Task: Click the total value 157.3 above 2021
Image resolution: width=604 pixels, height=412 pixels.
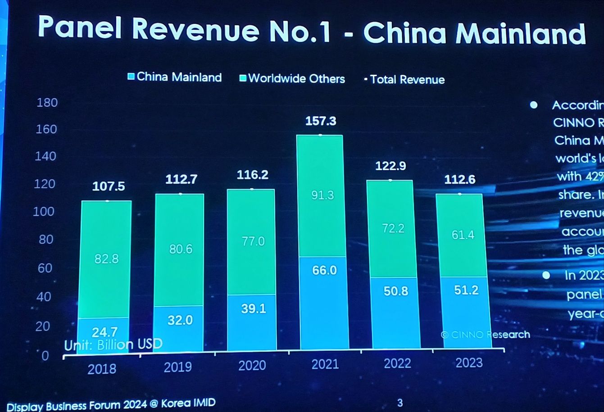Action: (x=321, y=121)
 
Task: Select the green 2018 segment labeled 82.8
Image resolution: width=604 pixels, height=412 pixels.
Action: (x=106, y=259)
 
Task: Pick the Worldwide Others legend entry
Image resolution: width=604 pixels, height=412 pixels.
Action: (x=292, y=79)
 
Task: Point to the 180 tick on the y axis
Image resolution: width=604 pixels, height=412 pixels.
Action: (x=47, y=103)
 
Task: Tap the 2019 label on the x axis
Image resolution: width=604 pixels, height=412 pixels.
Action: (x=178, y=367)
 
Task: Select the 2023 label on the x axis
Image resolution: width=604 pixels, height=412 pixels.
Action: (x=469, y=363)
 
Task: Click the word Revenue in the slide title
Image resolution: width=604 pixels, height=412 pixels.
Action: (x=196, y=29)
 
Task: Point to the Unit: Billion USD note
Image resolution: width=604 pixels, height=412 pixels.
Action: (x=113, y=345)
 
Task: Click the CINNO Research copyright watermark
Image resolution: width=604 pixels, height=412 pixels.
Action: (x=485, y=335)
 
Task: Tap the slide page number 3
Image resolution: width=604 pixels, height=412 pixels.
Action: (x=400, y=403)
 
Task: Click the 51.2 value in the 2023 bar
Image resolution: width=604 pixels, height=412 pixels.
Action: (x=466, y=290)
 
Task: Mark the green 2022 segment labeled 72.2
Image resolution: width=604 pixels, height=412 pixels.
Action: (x=393, y=228)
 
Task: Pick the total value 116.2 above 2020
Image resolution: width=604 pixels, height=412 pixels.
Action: (x=252, y=175)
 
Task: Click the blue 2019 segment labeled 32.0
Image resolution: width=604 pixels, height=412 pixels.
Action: (x=180, y=320)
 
